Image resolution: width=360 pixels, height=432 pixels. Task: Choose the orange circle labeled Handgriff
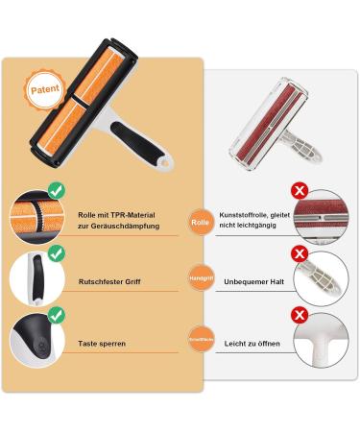coord(200,281)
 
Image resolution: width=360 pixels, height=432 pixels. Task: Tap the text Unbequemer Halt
coord(254,281)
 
